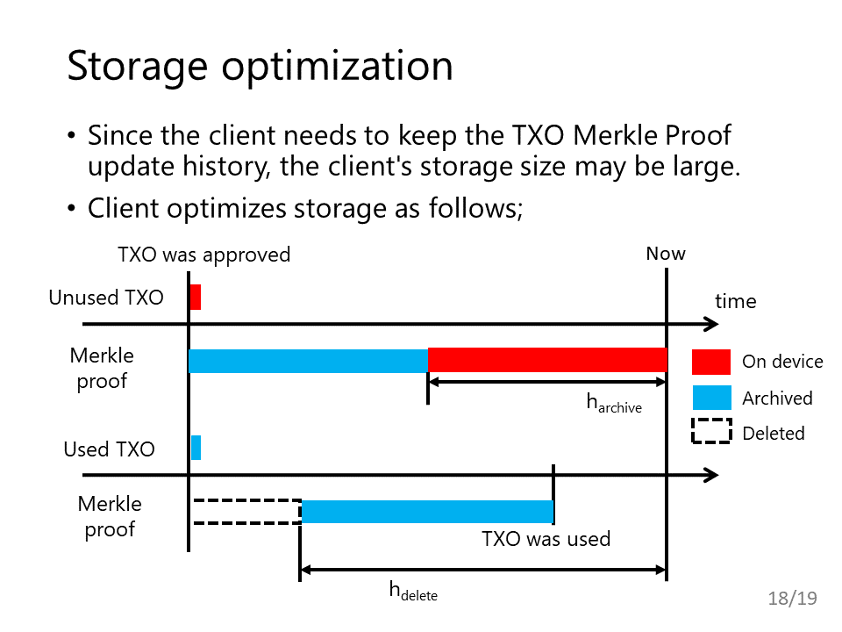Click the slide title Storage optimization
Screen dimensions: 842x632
click(x=260, y=66)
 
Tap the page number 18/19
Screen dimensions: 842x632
click(x=792, y=598)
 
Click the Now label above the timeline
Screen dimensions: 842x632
click(x=666, y=253)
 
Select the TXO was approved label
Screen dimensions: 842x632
click(x=204, y=255)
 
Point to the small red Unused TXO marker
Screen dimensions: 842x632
click(x=196, y=298)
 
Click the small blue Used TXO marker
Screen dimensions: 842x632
click(x=196, y=448)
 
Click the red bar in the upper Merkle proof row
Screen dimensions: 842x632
click(x=547, y=360)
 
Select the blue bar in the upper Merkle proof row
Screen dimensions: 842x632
click(x=308, y=361)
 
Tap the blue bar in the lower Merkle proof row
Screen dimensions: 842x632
click(x=427, y=512)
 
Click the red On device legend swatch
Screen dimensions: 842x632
click(x=711, y=362)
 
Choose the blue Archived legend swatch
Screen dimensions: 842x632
click(x=711, y=398)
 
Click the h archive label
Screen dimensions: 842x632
click(x=614, y=403)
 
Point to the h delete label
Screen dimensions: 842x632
click(x=413, y=591)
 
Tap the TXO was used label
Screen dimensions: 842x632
click(x=546, y=538)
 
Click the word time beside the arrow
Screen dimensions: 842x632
click(x=735, y=301)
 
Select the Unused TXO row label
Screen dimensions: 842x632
click(x=106, y=298)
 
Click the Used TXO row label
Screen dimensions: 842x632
click(x=109, y=449)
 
